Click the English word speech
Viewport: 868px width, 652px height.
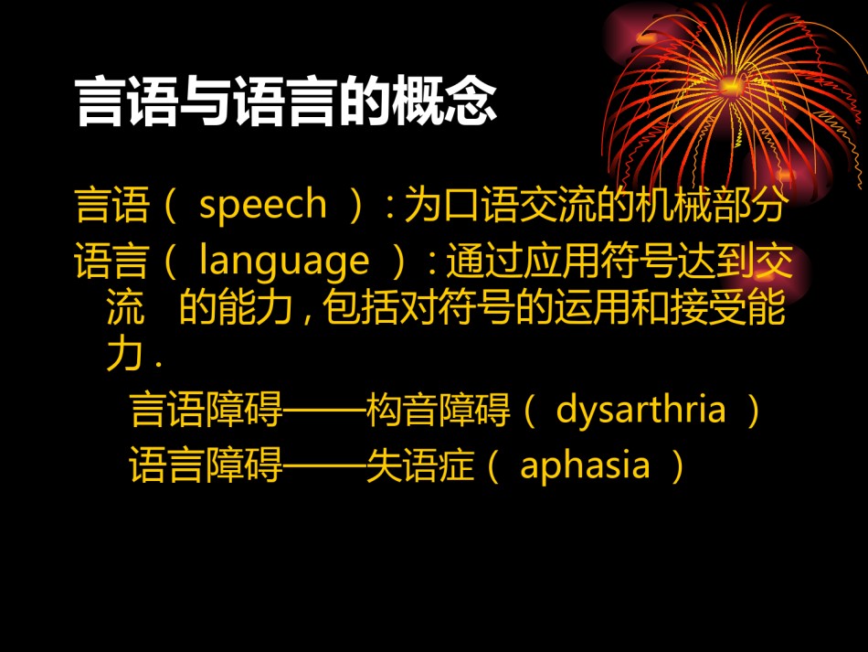pyautogui.click(x=263, y=206)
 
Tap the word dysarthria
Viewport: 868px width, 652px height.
pyautogui.click(x=640, y=411)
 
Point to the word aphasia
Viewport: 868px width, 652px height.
pyautogui.click(x=585, y=465)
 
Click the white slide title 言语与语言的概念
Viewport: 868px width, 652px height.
pyautogui.click(x=286, y=102)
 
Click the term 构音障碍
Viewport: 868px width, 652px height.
pyautogui.click(x=438, y=410)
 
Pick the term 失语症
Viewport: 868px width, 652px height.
pyautogui.click(x=420, y=465)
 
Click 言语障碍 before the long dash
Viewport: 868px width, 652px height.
pyautogui.click(x=206, y=410)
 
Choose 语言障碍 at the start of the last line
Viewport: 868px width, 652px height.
pyautogui.click(x=206, y=465)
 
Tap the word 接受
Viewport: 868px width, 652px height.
pyautogui.click(x=708, y=307)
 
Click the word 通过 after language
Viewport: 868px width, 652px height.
pyautogui.click(x=484, y=261)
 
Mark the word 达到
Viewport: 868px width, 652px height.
pyautogui.click(x=716, y=261)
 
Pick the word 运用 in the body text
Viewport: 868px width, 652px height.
pyautogui.click(x=592, y=307)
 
